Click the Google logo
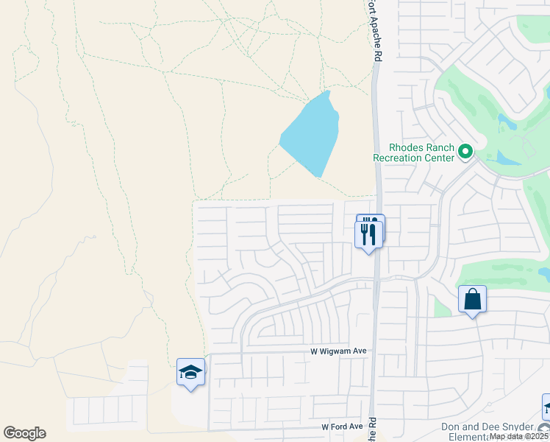tap(24, 433)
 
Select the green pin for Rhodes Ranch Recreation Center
tap(465, 152)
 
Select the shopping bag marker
tap(472, 300)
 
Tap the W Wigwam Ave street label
tap(338, 352)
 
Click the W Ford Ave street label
tap(342, 427)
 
